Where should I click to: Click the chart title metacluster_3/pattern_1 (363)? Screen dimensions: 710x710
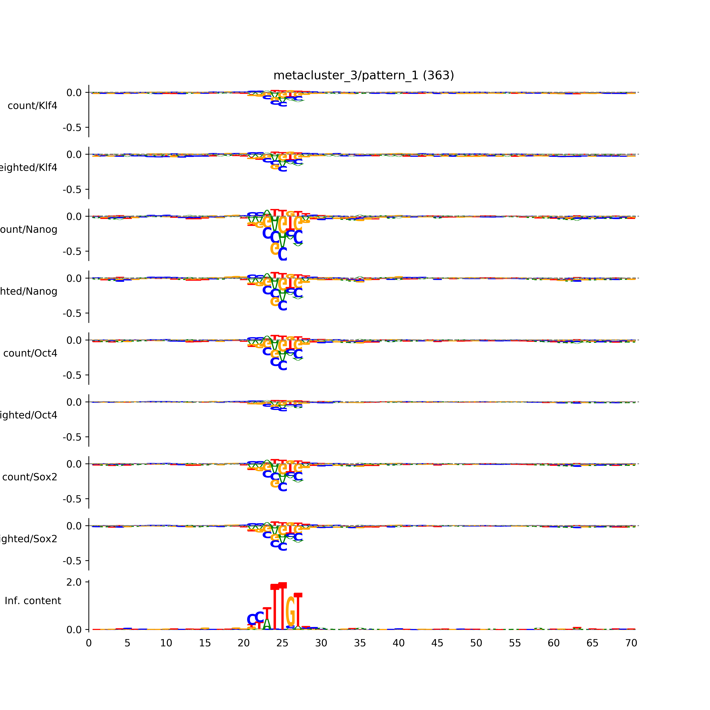point(363,75)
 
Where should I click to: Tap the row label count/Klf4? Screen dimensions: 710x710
point(32,106)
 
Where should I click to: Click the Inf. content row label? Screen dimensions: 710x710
point(33,601)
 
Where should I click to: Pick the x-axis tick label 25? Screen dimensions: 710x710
point(282,643)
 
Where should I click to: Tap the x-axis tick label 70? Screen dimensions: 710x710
point(631,643)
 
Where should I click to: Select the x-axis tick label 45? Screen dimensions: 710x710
point(437,643)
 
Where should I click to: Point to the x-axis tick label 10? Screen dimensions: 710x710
point(166,643)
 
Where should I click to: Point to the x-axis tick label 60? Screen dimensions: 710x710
point(553,643)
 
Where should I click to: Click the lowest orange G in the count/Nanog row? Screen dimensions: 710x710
point(275,249)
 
